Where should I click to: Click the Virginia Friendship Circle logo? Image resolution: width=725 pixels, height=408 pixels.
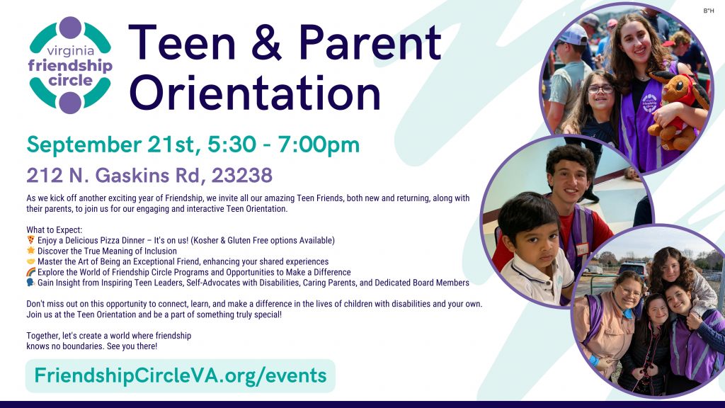coord(70,65)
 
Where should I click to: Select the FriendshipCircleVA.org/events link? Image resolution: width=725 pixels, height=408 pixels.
coord(180,375)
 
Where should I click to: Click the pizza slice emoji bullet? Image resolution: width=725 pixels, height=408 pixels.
coord(30,241)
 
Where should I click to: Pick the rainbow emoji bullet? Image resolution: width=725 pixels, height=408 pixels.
coord(30,272)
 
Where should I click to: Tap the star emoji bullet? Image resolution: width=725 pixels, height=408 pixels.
coord(30,251)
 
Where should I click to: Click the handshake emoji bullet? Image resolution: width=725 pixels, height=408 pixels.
coord(30,262)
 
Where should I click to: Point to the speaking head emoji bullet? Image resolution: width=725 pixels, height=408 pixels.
coord(30,283)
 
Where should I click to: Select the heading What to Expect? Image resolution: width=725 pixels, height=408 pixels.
coord(55,230)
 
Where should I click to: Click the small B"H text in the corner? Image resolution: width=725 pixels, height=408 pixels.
coord(709,11)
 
